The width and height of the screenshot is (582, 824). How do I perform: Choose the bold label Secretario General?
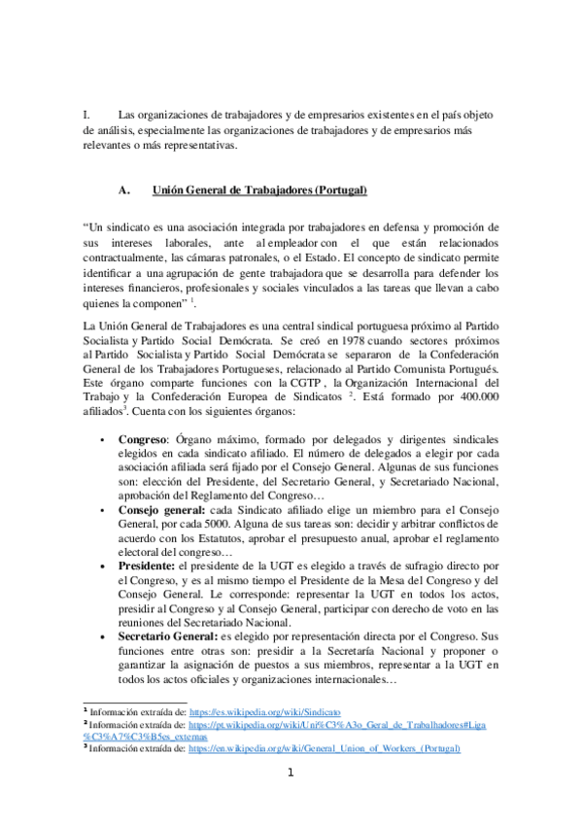pos(173,635)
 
